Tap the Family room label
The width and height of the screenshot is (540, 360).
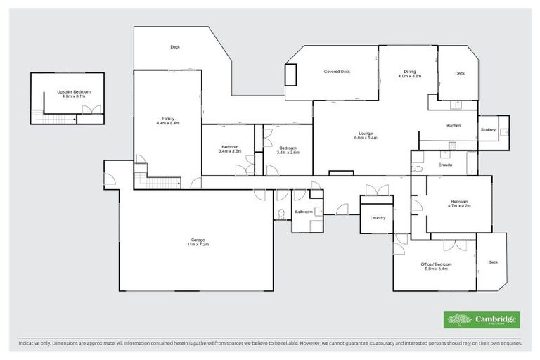(x=168, y=118)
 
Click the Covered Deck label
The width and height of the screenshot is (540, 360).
(x=337, y=72)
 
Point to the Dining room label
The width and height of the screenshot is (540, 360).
(x=409, y=71)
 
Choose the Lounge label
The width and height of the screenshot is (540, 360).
(x=366, y=134)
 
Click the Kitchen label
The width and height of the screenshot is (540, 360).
(x=454, y=125)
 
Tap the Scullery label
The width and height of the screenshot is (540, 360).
(x=488, y=129)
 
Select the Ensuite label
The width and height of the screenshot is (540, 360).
(x=445, y=165)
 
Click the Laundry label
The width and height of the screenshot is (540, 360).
(x=378, y=217)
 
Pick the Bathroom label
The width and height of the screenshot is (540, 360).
(x=304, y=211)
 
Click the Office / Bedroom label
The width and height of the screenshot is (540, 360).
(x=436, y=264)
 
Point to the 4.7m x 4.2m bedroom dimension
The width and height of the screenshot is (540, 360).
(x=460, y=206)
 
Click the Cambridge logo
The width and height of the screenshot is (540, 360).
(x=482, y=320)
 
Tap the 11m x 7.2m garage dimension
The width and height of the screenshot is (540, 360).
(x=198, y=244)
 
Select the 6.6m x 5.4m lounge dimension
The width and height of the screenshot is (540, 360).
(x=366, y=138)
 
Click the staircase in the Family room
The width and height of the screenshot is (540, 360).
(x=161, y=181)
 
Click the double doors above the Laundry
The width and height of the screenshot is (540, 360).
(x=376, y=190)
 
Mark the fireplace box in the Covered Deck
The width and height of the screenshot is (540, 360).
(x=290, y=75)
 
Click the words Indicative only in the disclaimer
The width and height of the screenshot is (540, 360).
(x=37, y=344)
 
